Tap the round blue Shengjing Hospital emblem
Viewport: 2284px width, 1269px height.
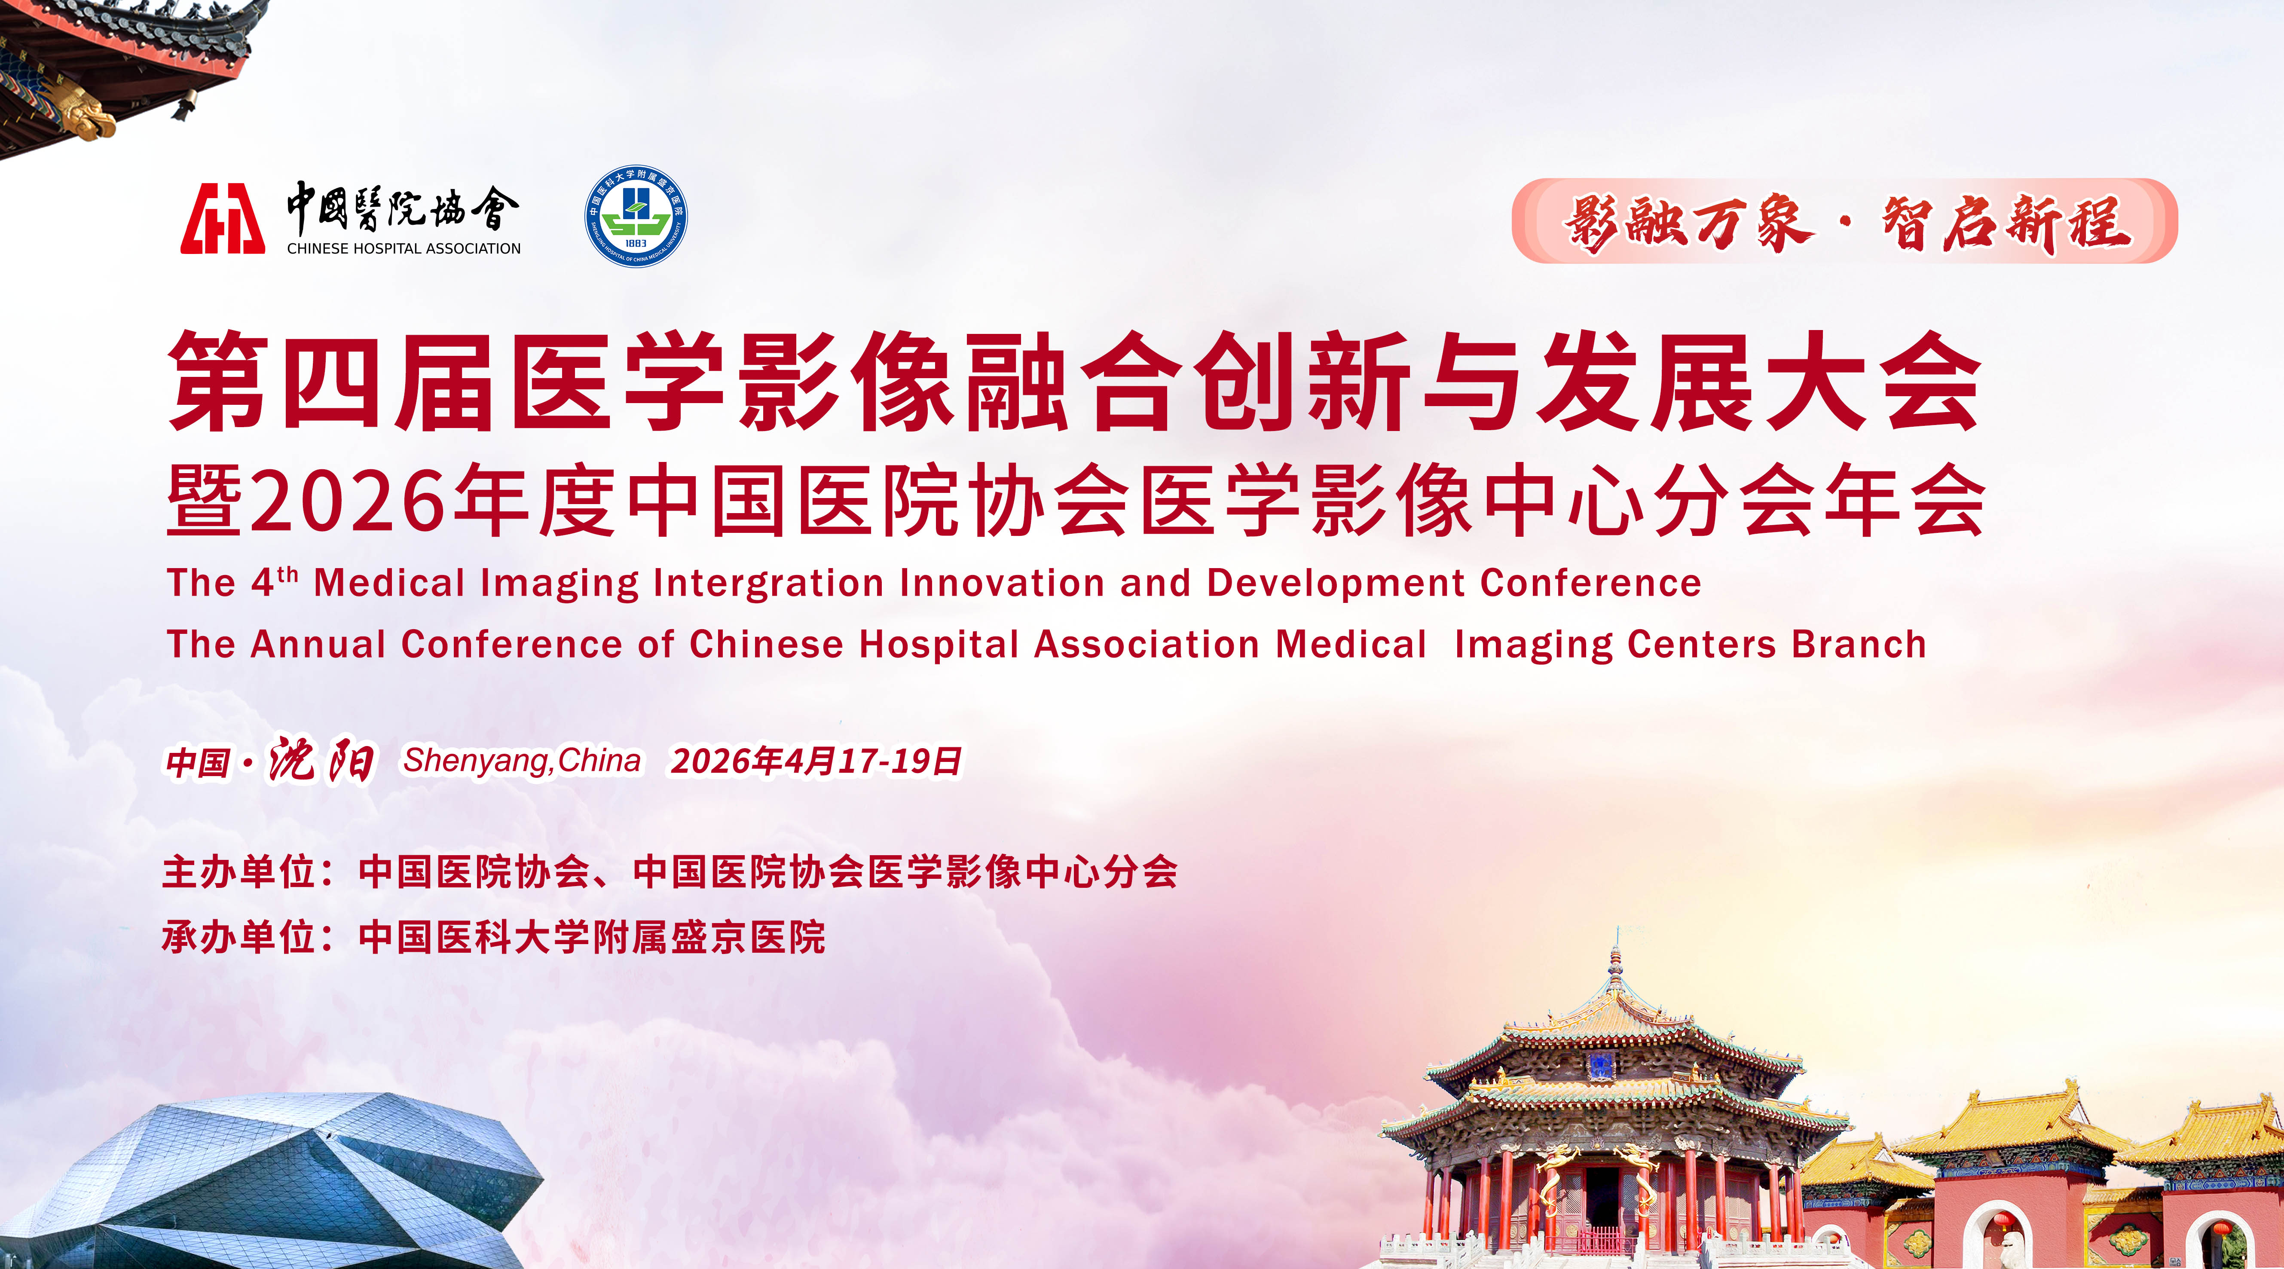click(x=636, y=217)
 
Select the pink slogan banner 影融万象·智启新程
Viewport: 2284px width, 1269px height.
click(x=1844, y=221)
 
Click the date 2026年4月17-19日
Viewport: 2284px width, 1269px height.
click(x=816, y=761)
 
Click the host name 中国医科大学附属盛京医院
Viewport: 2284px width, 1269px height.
click(x=591, y=936)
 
